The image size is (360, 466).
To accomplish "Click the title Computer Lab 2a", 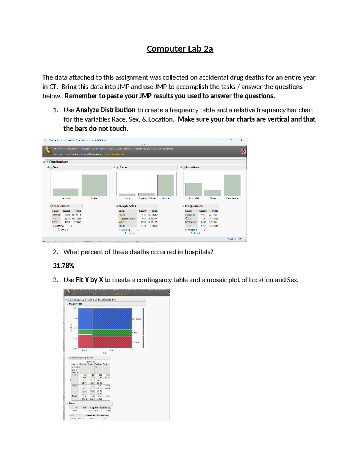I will [x=180, y=49].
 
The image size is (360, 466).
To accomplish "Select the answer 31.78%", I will [x=64, y=266].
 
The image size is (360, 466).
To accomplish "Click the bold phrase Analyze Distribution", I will [x=105, y=110].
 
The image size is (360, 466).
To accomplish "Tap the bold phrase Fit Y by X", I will [x=89, y=280].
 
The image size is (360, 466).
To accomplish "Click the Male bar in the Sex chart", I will [x=94, y=185].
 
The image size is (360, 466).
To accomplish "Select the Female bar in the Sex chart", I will [x=65, y=192].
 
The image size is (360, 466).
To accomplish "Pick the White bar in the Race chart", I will [x=165, y=185].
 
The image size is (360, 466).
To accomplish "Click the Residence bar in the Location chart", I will [x=232, y=185].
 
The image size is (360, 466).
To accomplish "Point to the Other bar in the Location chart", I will [x=213, y=193].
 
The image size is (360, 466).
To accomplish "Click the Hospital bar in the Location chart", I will [x=193, y=189].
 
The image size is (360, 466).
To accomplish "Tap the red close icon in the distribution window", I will [x=243, y=151].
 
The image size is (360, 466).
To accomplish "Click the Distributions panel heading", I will [x=58, y=162].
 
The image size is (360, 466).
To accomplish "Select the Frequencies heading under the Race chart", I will [x=127, y=206].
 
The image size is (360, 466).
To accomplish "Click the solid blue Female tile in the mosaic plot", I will [x=85, y=319].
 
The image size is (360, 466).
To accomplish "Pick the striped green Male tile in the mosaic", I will [x=112, y=333].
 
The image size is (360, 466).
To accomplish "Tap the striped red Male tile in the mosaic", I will [x=112, y=342].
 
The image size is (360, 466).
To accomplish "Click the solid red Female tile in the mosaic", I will [x=85, y=341].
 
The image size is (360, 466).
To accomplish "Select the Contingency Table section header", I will [x=82, y=358].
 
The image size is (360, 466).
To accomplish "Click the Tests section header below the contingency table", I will [x=72, y=403].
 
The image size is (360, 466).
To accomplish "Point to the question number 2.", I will [x=55, y=252].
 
